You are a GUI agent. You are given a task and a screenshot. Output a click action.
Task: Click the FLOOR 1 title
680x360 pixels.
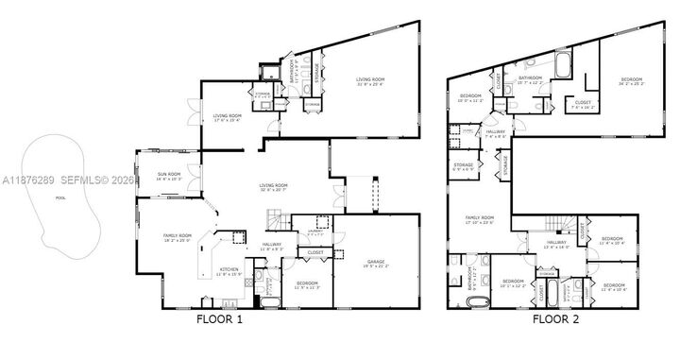click(x=219, y=319)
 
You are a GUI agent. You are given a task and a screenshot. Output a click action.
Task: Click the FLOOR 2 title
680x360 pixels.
click(x=556, y=319)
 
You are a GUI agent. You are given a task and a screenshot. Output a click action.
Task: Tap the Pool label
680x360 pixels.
click(x=61, y=198)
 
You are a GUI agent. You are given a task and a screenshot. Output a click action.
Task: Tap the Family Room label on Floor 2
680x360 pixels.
click(x=482, y=219)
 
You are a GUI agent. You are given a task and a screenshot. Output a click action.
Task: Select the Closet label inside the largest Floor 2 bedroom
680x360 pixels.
click(x=584, y=105)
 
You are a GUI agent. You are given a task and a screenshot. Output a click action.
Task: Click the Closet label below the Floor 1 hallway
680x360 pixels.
click(x=313, y=252)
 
